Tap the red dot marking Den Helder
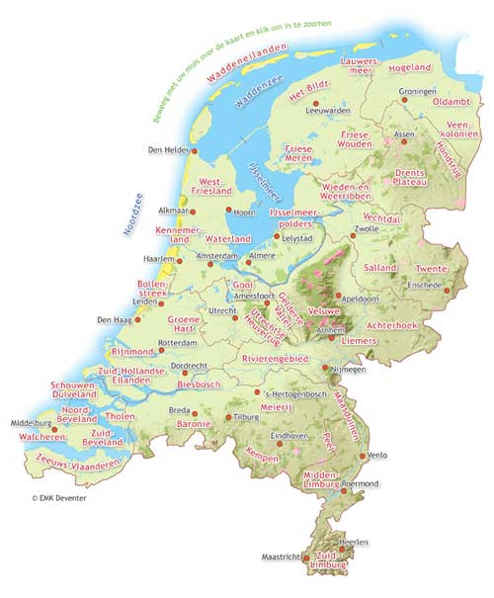click(195, 151)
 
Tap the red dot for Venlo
click(366, 456)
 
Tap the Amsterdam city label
click(218, 256)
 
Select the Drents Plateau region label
click(407, 176)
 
